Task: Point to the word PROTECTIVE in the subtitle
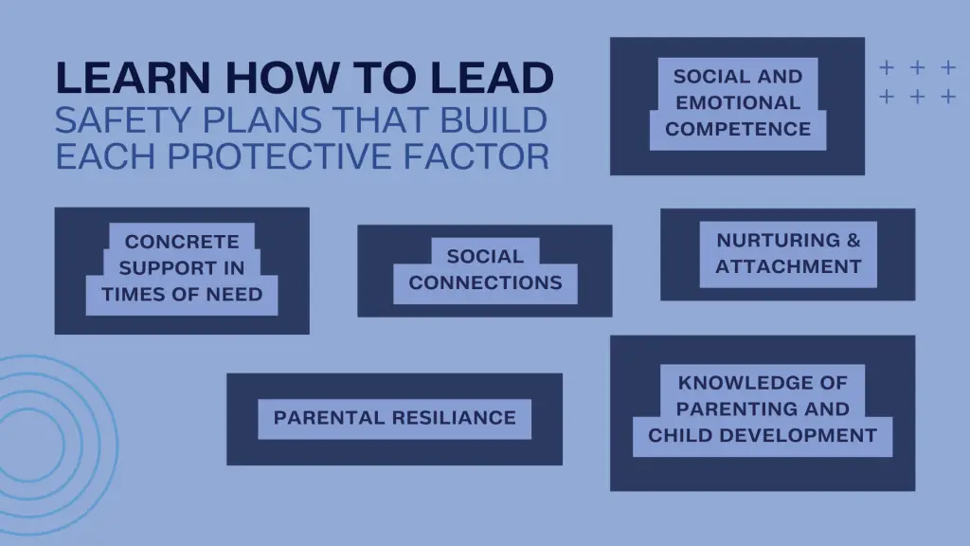[281, 155]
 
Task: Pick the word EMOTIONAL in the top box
[738, 102]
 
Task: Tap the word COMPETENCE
[738, 129]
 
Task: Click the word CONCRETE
[182, 242]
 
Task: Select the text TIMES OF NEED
[182, 294]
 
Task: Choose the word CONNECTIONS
[485, 282]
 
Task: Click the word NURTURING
[779, 240]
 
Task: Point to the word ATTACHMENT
[788, 266]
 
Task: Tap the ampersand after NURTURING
[853, 240]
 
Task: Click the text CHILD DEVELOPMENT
[763, 435]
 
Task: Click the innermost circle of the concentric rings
[63, 444]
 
